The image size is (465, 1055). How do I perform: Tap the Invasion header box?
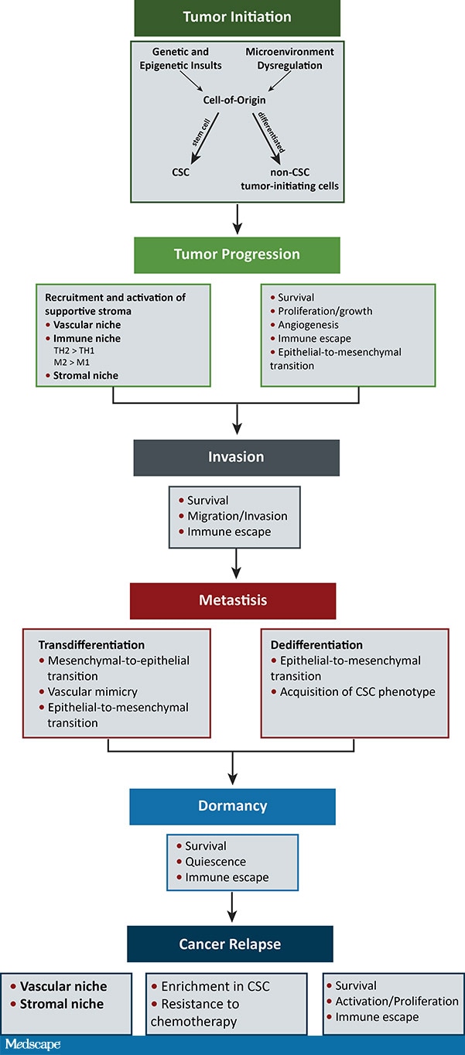click(x=236, y=457)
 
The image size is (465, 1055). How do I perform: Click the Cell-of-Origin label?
click(x=236, y=100)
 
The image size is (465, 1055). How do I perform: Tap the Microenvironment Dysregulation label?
click(x=289, y=59)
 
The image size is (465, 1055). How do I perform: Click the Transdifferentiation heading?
click(x=91, y=644)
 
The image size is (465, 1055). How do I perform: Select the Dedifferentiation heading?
click(x=316, y=644)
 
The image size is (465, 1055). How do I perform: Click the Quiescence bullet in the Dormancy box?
click(x=215, y=862)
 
